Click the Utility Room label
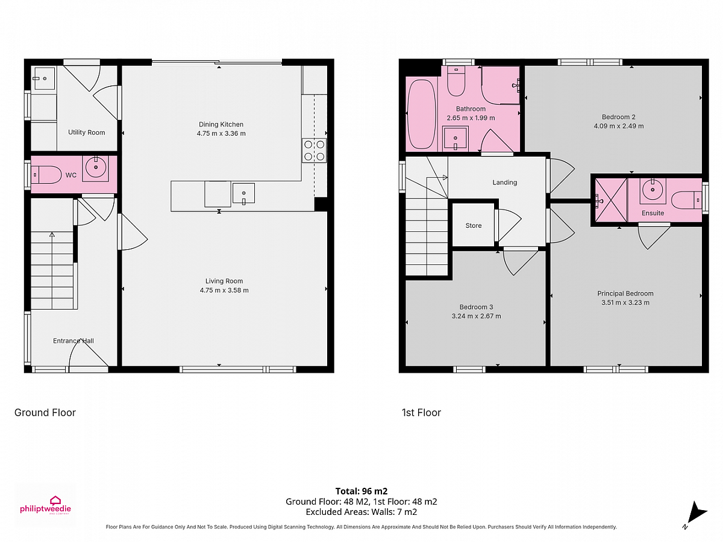[x=86, y=132]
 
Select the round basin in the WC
[x=96, y=167]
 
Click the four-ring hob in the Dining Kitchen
[x=315, y=151]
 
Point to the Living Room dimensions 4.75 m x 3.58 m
[x=224, y=290]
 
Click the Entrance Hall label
[x=74, y=341]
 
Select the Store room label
[x=474, y=225]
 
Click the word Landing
[x=505, y=182]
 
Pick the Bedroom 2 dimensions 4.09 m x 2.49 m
[x=619, y=126]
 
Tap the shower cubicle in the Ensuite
[x=611, y=200]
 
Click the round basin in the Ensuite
[x=653, y=189]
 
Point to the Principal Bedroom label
[x=625, y=293]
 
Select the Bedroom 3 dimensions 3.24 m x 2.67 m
[x=476, y=316]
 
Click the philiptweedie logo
[x=45, y=506]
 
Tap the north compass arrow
[x=695, y=513]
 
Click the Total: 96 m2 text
[x=361, y=491]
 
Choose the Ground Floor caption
[x=45, y=413]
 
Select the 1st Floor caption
[x=421, y=413]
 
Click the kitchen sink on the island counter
[x=243, y=193]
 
